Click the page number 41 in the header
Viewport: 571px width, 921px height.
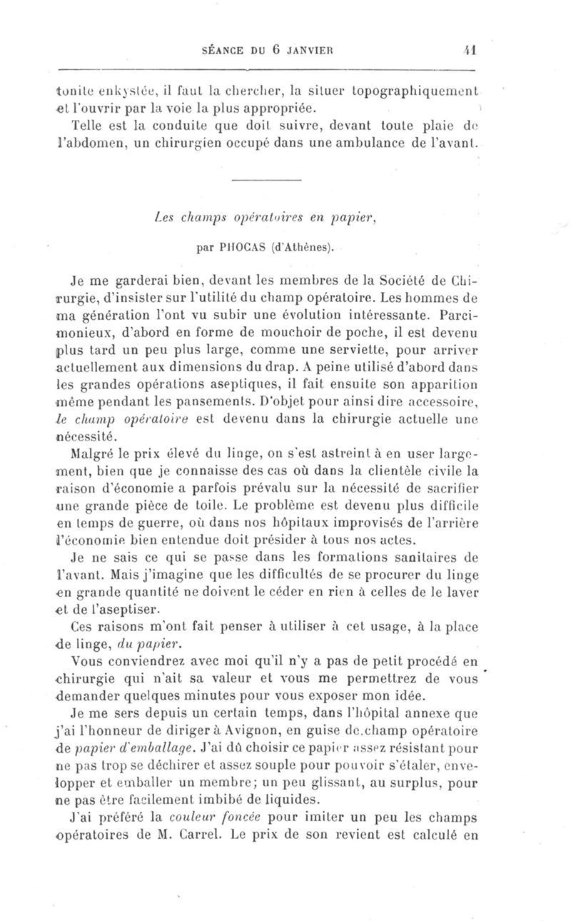pyautogui.click(x=470, y=51)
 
